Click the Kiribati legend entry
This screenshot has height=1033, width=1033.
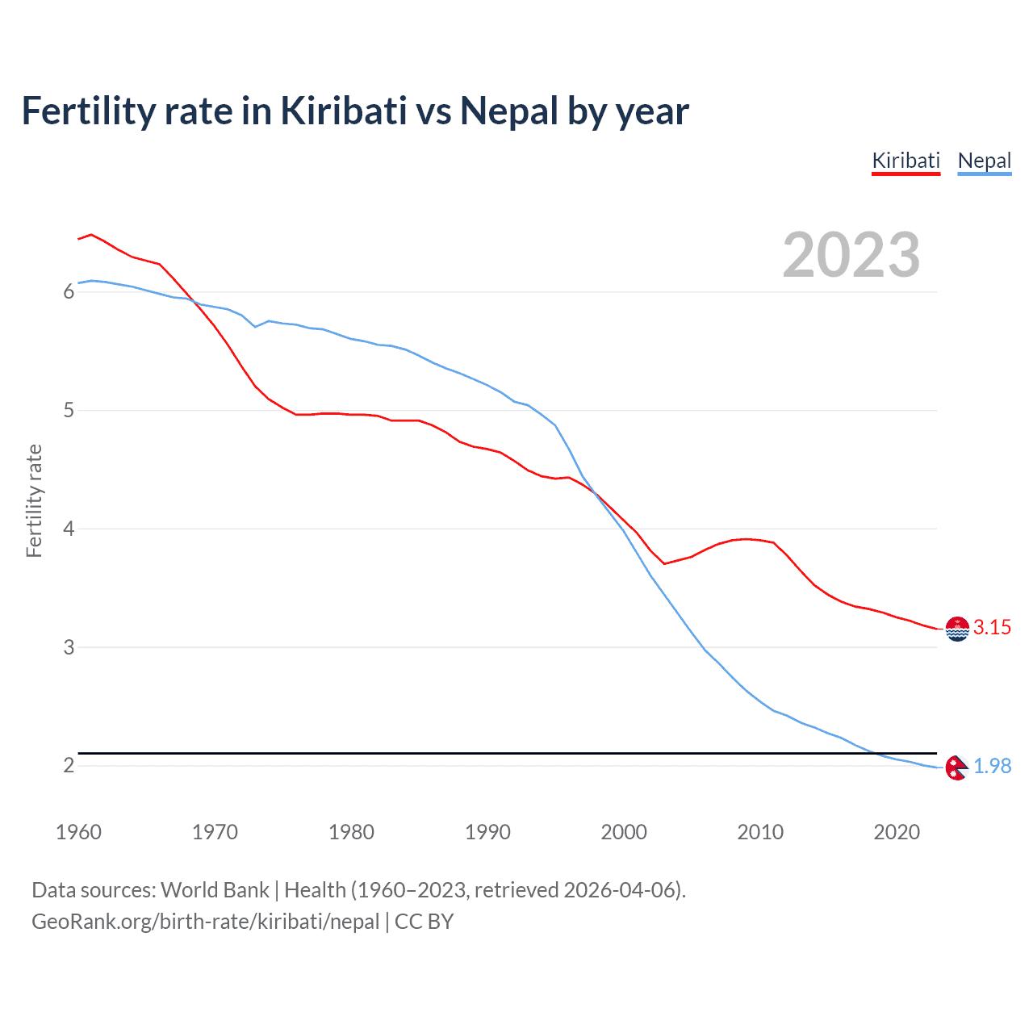[905, 161]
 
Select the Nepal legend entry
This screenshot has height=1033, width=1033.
[984, 161]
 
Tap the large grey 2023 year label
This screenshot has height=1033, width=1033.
[851, 255]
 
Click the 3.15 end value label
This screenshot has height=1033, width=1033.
[992, 627]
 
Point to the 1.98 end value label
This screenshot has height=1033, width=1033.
[992, 766]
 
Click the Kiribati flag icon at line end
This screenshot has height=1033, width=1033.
[957, 629]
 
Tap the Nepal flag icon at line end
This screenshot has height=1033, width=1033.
[956, 767]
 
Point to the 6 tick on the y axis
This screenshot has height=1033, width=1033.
[69, 291]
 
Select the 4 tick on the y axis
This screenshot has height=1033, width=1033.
[69, 529]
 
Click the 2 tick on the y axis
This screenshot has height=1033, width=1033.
[69, 765]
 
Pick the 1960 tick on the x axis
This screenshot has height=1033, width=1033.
[78, 832]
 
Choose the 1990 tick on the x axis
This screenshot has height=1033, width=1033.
[487, 832]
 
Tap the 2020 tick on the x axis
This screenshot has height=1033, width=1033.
[897, 832]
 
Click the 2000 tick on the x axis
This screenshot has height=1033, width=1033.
[624, 832]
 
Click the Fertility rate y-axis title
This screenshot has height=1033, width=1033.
[34, 500]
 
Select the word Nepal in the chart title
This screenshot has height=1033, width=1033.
[508, 111]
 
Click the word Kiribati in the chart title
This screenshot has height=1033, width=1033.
[343, 111]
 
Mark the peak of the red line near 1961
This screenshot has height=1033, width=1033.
[91, 234]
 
